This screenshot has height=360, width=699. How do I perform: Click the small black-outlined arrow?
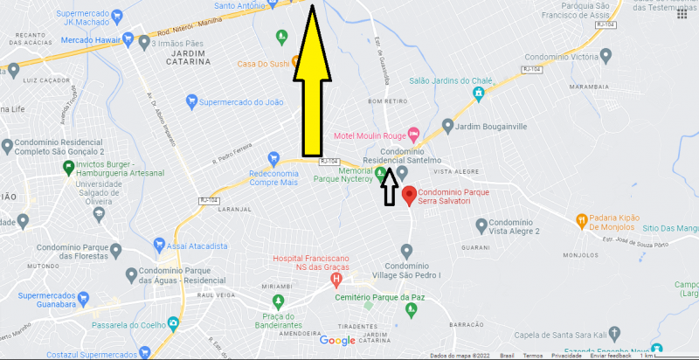(x=389, y=186)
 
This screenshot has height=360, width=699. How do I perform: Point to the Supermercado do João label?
(x=242, y=102)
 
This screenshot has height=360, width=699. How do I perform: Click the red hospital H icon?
(x=336, y=279)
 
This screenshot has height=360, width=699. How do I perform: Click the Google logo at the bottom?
(x=337, y=341)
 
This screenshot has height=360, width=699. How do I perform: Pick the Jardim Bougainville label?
(x=491, y=126)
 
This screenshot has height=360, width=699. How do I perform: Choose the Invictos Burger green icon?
(x=65, y=164)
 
